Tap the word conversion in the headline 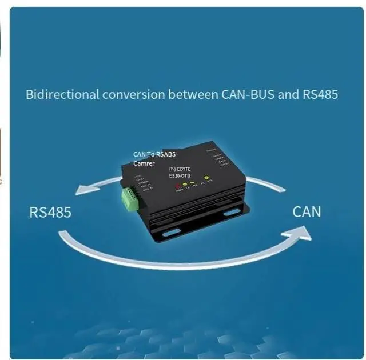tap(133, 94)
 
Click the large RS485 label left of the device tap(50, 213)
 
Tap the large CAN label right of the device tap(307, 211)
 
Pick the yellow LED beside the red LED tap(185, 185)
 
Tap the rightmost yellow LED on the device tap(207, 178)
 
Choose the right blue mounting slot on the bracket tap(232, 212)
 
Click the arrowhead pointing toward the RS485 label tap(85, 189)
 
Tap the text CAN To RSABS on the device tap(154, 154)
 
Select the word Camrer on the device tap(144, 163)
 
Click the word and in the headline tap(288, 94)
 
